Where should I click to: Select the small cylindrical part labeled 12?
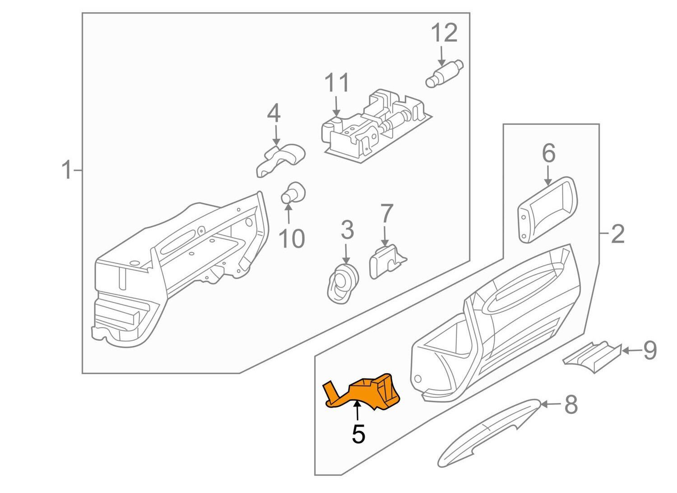point(445,73)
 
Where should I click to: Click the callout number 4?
point(274,114)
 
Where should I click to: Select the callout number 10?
point(292,238)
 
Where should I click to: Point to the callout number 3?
point(347,230)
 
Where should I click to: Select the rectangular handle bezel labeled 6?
point(547,209)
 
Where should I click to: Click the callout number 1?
point(67,171)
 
